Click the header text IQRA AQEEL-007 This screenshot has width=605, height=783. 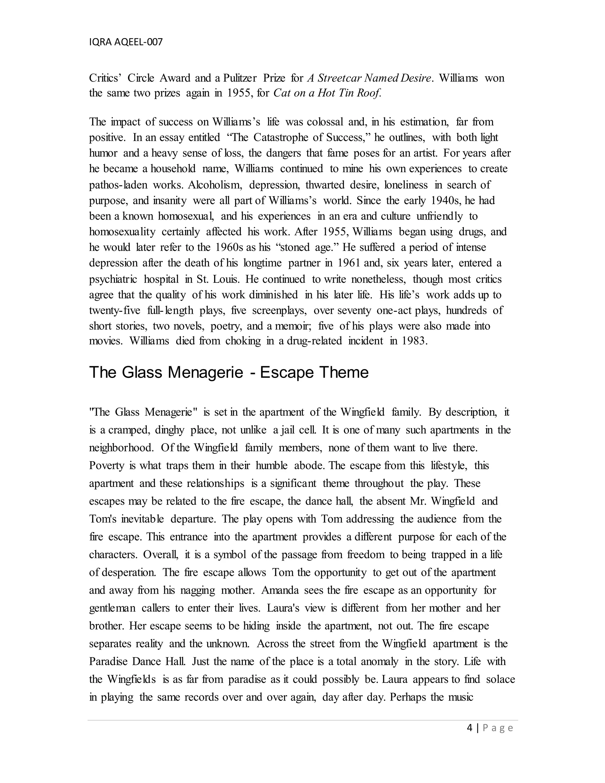(x=126, y=42)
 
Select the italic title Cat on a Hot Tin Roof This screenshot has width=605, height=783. (x=327, y=93)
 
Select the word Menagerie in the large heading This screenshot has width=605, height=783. (x=205, y=373)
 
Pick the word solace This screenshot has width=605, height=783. (x=500, y=679)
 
